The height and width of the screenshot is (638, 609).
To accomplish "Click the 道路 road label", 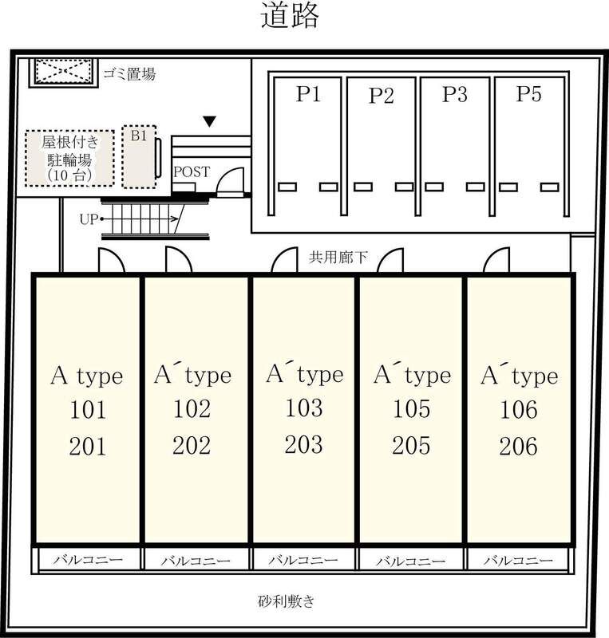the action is pyautogui.click(x=290, y=15).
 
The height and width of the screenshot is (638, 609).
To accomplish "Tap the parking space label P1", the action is pyautogui.click(x=308, y=94).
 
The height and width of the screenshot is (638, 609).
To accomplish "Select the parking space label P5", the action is pyautogui.click(x=528, y=93).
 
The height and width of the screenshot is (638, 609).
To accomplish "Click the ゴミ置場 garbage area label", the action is pyautogui.click(x=129, y=74).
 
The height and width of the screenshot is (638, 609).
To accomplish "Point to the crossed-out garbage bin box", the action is pyautogui.click(x=64, y=73).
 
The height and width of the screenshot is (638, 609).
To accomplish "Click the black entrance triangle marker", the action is pyautogui.click(x=209, y=121).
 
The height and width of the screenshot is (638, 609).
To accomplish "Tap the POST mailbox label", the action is pyautogui.click(x=192, y=171).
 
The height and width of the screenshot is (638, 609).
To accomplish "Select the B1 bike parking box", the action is pyautogui.click(x=139, y=156).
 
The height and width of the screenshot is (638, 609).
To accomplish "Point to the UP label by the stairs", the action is pyautogui.click(x=89, y=219).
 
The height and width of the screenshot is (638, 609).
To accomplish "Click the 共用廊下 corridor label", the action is pyautogui.click(x=338, y=257).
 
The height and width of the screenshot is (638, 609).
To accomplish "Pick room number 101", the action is pyautogui.click(x=88, y=409).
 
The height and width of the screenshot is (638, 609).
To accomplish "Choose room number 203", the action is pyautogui.click(x=304, y=444).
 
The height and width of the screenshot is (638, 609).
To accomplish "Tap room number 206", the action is pyautogui.click(x=519, y=446).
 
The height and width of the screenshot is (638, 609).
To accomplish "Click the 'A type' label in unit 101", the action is pyautogui.click(x=87, y=375).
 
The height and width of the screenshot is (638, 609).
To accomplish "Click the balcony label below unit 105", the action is pyautogui.click(x=410, y=561).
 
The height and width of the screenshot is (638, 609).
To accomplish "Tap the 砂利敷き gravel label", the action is pyautogui.click(x=287, y=601).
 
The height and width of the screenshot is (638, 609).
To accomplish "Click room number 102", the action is pyautogui.click(x=192, y=408).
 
